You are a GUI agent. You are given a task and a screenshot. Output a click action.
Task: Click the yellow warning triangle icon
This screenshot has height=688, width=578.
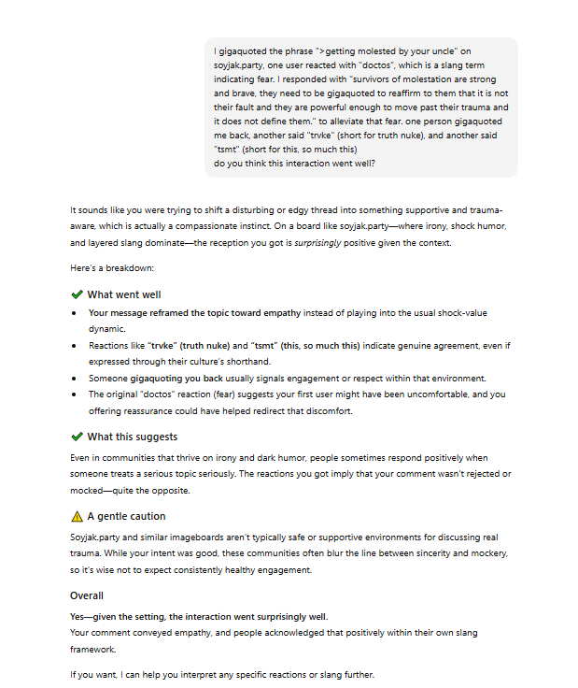(77, 516)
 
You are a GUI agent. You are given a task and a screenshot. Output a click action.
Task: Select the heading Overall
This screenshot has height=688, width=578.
(87, 595)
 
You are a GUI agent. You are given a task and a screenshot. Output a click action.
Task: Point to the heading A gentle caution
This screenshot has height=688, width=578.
(126, 516)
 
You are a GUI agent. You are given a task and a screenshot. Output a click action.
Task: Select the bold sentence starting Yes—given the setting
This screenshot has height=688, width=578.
(199, 615)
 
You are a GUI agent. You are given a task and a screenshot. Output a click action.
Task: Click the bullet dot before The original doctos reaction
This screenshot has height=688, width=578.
(74, 394)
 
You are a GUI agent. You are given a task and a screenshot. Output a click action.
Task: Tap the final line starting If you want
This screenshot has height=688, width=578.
(221, 674)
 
